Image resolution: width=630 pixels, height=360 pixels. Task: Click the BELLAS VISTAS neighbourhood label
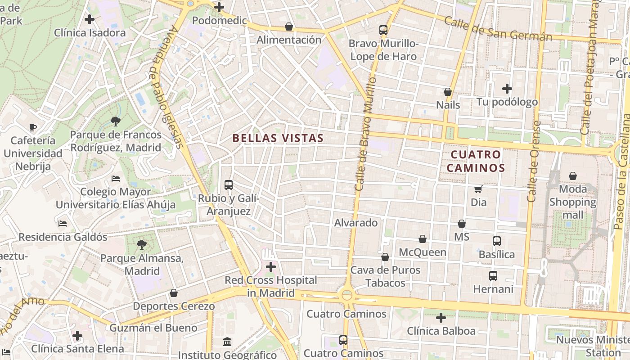click(278, 138)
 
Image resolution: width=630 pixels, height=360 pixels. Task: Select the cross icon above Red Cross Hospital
click(271, 267)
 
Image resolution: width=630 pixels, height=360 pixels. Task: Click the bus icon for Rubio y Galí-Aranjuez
click(229, 184)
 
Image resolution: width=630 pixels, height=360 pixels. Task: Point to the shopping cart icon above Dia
click(478, 189)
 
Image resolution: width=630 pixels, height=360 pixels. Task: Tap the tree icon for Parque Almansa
click(142, 245)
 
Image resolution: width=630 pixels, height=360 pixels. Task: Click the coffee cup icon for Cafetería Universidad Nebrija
click(32, 127)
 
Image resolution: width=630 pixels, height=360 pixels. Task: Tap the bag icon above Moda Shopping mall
click(573, 175)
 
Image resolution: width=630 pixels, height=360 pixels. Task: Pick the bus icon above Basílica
click(496, 241)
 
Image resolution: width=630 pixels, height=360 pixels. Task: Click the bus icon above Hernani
click(493, 275)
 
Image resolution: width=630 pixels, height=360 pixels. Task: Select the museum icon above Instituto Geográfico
click(228, 342)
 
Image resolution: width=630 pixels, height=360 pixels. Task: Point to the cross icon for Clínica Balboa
click(441, 318)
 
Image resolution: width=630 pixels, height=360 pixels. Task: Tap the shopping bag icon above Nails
click(448, 92)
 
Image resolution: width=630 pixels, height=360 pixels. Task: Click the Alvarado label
click(355, 223)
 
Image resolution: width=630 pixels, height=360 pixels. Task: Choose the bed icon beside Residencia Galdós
click(63, 223)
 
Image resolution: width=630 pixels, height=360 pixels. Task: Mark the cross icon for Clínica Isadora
click(90, 19)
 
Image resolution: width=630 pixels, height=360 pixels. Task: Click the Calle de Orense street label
click(534, 161)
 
